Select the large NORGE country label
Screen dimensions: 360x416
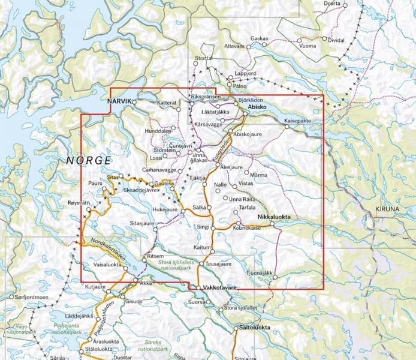pyautogui.click(x=88, y=161)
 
